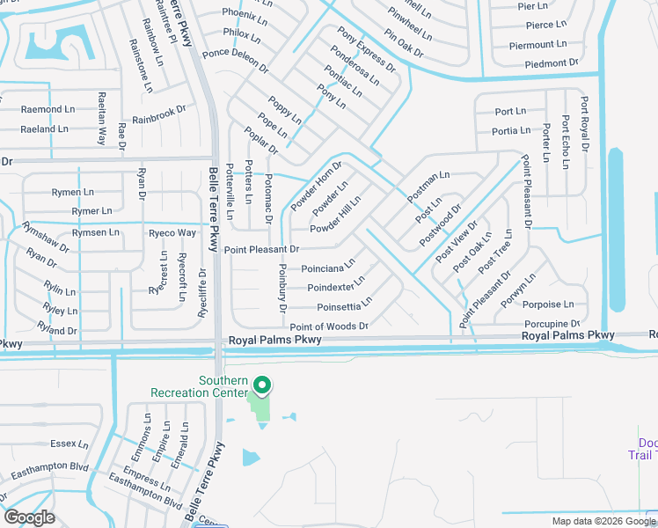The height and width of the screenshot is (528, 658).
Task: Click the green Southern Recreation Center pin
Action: tap(261, 385)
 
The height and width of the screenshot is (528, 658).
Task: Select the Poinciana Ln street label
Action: tap(328, 266)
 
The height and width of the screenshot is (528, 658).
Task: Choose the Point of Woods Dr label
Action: tap(328, 326)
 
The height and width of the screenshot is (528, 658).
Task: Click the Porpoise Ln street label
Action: tap(548, 304)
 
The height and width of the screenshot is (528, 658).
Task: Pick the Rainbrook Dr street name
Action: tap(159, 114)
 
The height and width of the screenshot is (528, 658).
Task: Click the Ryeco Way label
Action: tap(172, 233)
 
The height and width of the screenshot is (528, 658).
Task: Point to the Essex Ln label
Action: tap(69, 444)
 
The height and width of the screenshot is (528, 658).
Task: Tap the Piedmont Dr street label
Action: tap(552, 63)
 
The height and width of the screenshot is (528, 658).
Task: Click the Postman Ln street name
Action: tap(428, 187)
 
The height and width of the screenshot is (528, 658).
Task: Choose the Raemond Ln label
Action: tap(48, 109)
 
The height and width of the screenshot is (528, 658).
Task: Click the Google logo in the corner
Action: tap(29, 517)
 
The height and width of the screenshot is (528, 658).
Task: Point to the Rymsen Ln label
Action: tap(95, 232)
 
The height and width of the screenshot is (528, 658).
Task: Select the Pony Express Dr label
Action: tap(368, 49)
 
